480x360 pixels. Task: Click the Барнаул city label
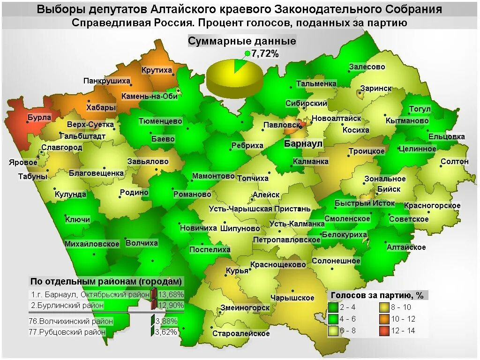(303, 144)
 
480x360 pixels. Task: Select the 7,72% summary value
(265, 54)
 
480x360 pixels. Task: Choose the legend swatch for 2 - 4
(333, 307)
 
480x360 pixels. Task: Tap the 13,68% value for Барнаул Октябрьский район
(171, 294)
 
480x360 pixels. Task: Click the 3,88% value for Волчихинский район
(166, 321)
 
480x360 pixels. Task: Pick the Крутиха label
(157, 70)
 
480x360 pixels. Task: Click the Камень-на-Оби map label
(149, 96)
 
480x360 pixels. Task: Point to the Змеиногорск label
(245, 307)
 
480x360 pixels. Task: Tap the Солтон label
(454, 161)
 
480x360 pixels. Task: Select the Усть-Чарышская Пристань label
(259, 209)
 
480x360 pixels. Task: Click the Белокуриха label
(345, 234)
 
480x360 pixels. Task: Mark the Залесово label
(367, 67)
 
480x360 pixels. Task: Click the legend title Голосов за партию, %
(377, 295)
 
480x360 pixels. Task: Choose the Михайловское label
(92, 244)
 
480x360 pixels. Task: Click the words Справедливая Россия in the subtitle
(132, 23)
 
